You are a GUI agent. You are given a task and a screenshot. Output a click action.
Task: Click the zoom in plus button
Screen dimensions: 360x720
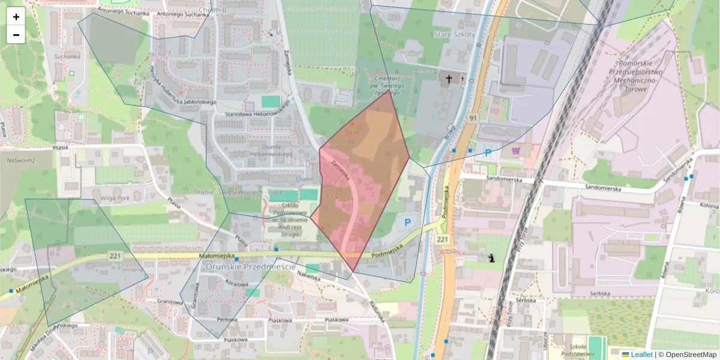pyautogui.click(x=16, y=17)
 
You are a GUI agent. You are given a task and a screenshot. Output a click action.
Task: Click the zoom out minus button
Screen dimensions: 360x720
pyautogui.click(x=16, y=35)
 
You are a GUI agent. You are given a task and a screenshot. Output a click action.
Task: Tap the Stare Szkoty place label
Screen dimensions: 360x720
pyautogui.click(x=454, y=35)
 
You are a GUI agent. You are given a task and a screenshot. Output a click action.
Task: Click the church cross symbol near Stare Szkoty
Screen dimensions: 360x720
pyautogui.click(x=448, y=79)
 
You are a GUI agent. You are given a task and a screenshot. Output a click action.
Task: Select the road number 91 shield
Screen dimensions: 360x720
pyautogui.click(x=473, y=118)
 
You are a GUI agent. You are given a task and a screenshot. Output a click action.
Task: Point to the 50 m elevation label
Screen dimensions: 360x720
pyautogui.click(x=352, y=131)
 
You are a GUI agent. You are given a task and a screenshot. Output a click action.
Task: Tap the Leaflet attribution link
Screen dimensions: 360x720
pyautogui.click(x=641, y=355)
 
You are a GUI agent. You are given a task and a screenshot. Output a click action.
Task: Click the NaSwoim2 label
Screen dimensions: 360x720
pyautogui.click(x=22, y=161)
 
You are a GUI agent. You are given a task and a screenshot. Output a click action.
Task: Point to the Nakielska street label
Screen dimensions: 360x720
pyautogui.click(x=308, y=276)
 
